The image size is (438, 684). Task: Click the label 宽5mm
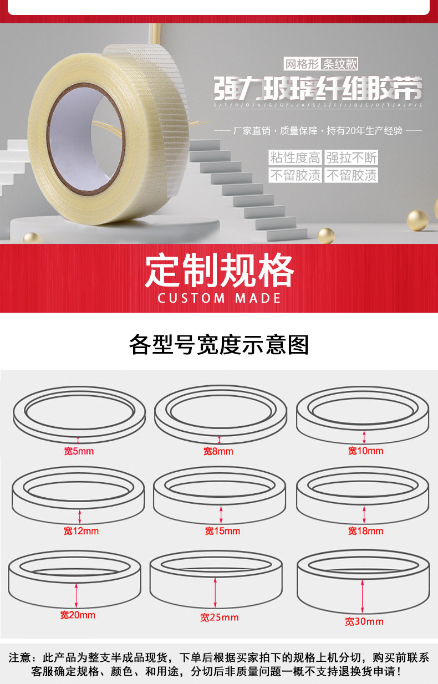tap(79, 451)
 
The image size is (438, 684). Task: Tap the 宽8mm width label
tap(218, 451)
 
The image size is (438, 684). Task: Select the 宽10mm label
tap(365, 451)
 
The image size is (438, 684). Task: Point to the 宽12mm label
tap(82, 530)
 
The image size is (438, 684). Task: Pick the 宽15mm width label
tap(222, 530)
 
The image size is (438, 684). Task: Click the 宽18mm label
tap(365, 530)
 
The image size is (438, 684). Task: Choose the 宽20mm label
tap(78, 615)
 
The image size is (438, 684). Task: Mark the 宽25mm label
tap(220, 617)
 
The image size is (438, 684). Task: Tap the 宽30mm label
tap(364, 621)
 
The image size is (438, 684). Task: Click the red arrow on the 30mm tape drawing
tap(362, 596)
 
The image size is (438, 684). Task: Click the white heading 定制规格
tap(219, 270)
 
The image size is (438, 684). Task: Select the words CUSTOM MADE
tap(219, 298)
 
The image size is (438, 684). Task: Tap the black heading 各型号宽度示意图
tap(218, 344)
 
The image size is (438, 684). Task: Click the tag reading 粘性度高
tap(295, 157)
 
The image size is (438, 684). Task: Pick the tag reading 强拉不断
tap(352, 157)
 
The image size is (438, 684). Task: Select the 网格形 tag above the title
tap(302, 64)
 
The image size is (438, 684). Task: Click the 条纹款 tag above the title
tap(340, 64)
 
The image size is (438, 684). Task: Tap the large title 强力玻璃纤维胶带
tap(318, 88)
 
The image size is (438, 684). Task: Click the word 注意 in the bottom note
tap(19, 657)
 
